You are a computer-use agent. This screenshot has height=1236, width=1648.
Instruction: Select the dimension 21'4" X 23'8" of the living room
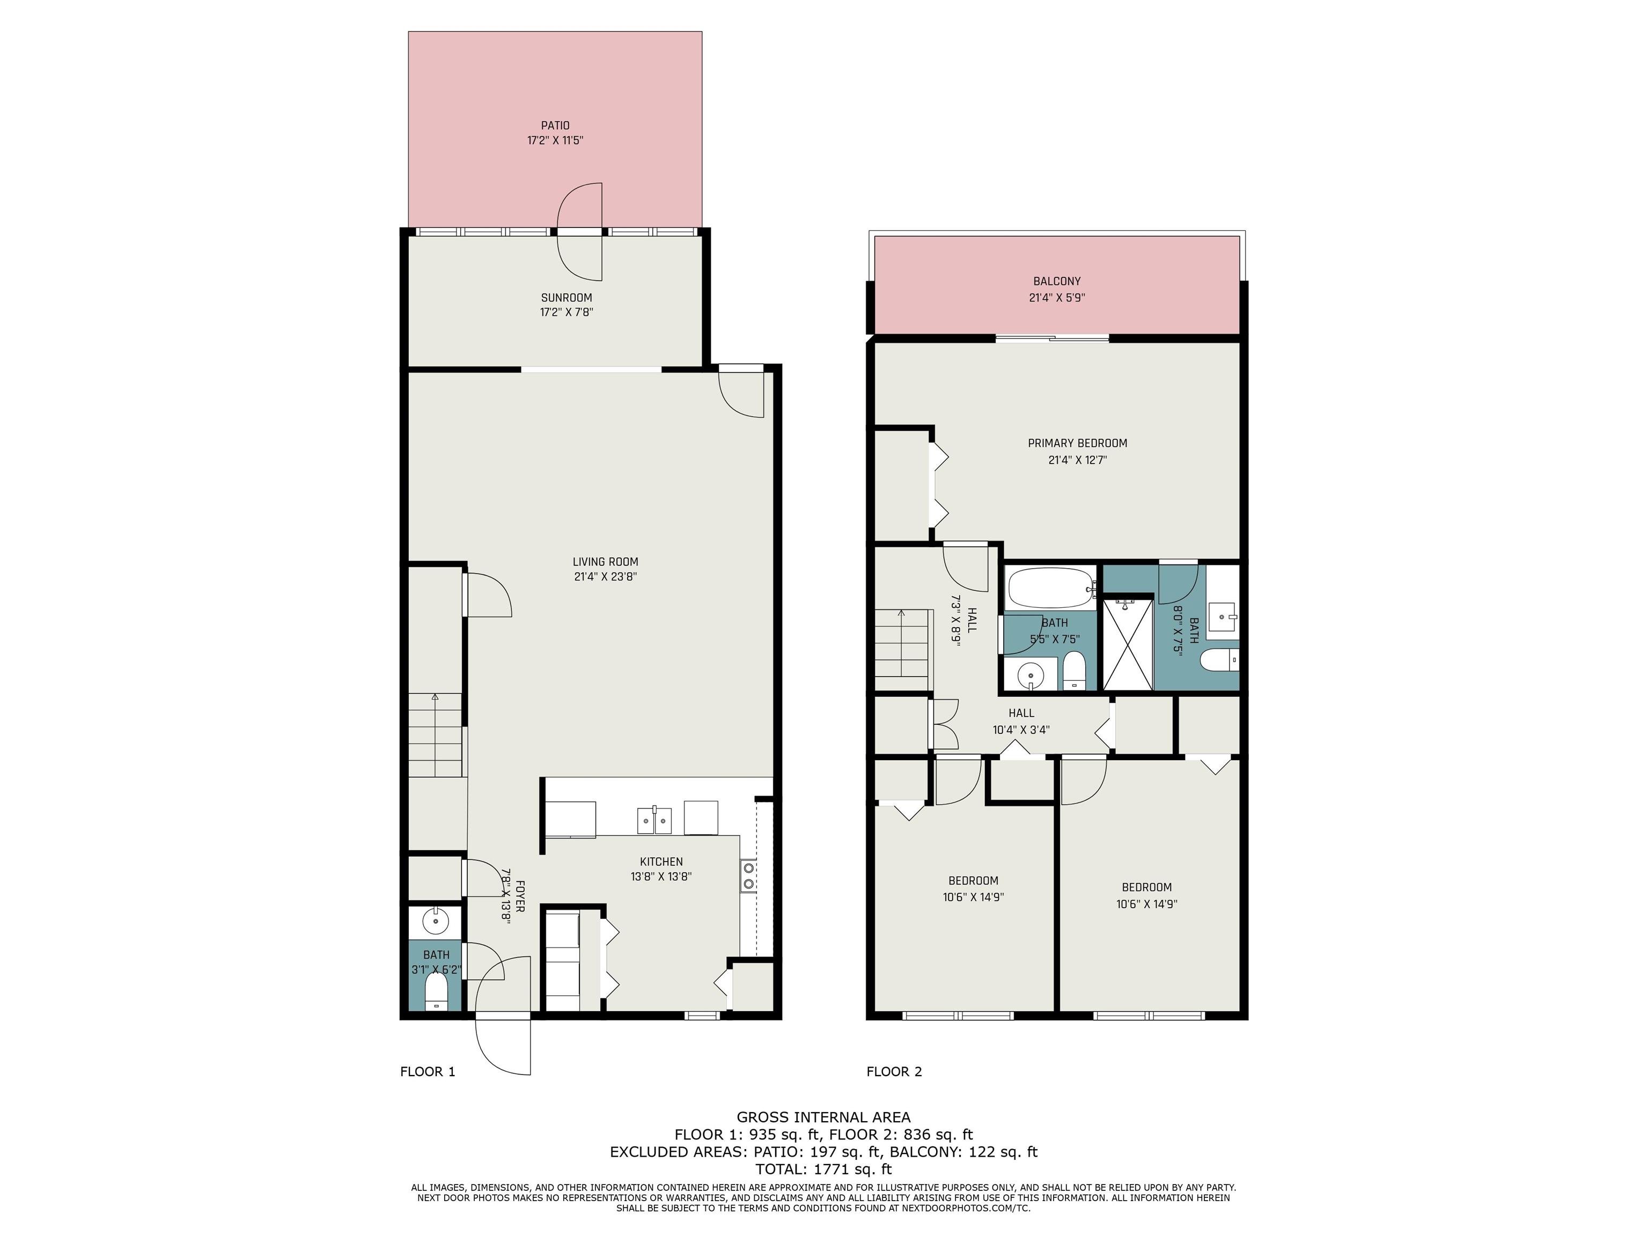[605, 577]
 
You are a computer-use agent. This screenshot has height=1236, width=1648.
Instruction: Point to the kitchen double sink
[654, 820]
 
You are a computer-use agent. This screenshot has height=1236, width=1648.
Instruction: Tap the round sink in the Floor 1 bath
[435, 922]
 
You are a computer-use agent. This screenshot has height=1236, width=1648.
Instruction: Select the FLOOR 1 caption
[428, 1072]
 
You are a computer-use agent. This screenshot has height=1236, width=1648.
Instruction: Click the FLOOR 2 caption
[894, 1072]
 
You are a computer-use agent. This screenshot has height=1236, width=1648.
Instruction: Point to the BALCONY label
[1056, 282]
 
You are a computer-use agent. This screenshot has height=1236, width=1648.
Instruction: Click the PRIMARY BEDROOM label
[1077, 443]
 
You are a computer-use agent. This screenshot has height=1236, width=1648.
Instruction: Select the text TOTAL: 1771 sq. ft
[823, 1169]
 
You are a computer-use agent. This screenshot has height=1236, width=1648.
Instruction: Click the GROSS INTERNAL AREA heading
[823, 1117]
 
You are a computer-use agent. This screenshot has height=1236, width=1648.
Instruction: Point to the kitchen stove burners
[748, 876]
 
